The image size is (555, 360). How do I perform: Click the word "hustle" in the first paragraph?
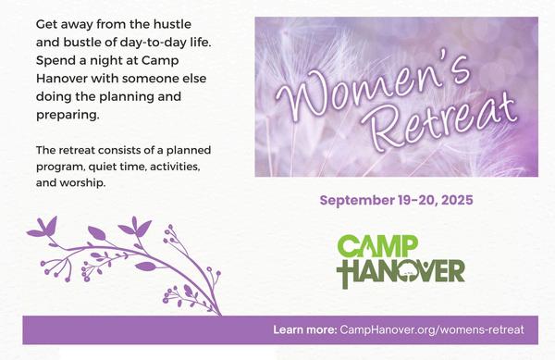click(x=172, y=24)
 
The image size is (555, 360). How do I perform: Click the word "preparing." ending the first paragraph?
click(x=68, y=115)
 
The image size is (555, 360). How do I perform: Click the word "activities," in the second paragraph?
click(x=175, y=167)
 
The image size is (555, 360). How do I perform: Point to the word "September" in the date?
click(x=357, y=201)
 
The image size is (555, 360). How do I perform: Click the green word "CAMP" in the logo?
click(x=377, y=246)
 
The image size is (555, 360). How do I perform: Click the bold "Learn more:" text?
click(x=304, y=329)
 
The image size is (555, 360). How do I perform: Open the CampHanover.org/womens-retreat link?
click(x=432, y=329)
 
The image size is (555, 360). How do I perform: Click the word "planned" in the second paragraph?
click(x=189, y=151)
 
